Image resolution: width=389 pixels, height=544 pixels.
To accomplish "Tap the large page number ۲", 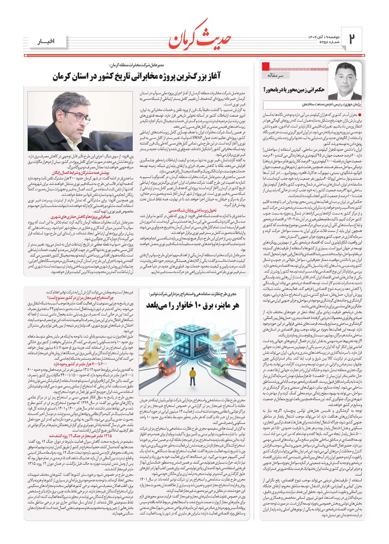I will [x=352, y=39].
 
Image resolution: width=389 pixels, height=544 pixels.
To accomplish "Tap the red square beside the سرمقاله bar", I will [x=266, y=65].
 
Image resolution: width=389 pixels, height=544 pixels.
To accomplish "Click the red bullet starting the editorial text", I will [x=360, y=115].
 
